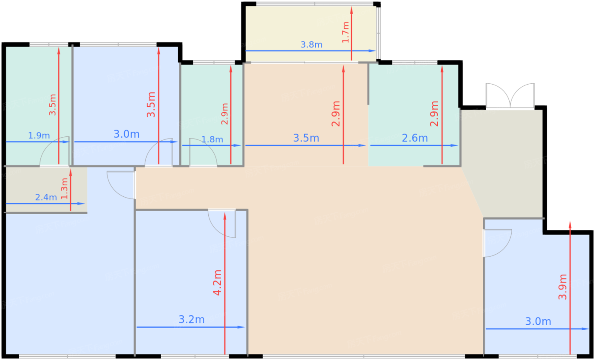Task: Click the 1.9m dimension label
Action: pos(39,136)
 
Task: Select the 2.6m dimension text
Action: pos(414,138)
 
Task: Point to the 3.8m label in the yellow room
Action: pos(311,45)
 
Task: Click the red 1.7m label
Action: pos(345,32)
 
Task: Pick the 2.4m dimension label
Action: pos(46,198)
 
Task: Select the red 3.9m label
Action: pos(563,287)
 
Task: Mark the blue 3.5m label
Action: pos(306,138)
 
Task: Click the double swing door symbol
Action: pos(510,96)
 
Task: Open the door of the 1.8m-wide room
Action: pos(203,152)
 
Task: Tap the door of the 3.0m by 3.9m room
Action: pos(497,243)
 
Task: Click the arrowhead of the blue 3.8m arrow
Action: pos(374,51)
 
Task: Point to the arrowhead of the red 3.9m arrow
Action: pos(570,224)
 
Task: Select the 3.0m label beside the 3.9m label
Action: pos(538,322)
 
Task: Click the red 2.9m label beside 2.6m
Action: pos(434,113)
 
